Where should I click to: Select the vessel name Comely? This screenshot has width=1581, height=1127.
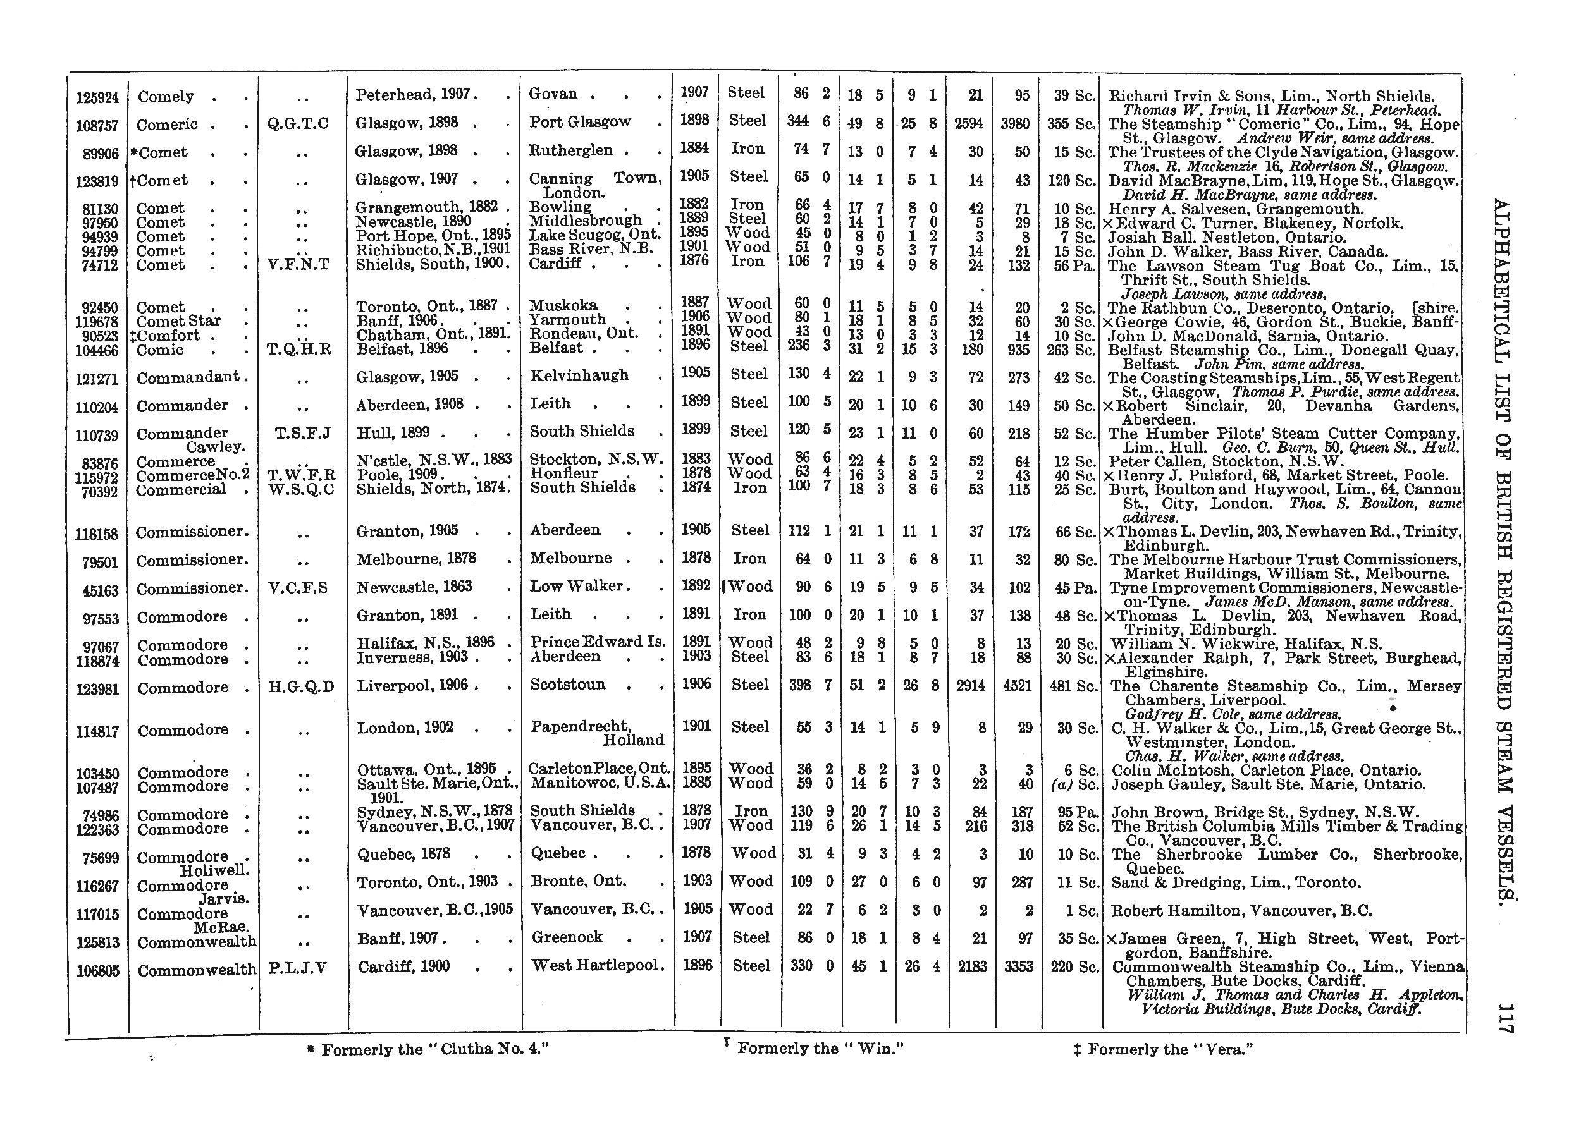click(166, 97)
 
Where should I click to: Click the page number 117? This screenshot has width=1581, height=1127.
click(1502, 1019)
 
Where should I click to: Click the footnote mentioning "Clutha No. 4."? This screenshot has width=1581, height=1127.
click(428, 1049)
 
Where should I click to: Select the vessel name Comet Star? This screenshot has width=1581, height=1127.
click(178, 321)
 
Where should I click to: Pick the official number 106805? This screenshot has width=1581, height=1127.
click(98, 971)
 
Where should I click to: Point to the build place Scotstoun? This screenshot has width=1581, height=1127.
click(568, 685)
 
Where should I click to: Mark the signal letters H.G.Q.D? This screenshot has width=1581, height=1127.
click(300, 687)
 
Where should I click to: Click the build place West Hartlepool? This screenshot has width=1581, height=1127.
click(598, 965)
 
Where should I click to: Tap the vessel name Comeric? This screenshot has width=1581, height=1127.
click(168, 125)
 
